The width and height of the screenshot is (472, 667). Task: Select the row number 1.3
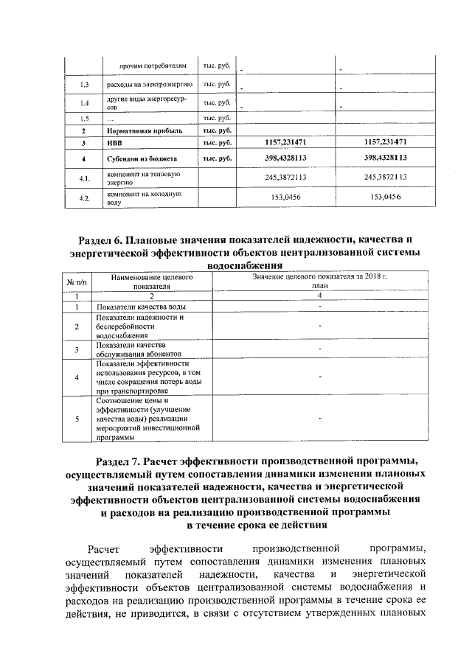tap(85, 85)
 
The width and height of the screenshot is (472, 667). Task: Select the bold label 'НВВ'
tap(114, 142)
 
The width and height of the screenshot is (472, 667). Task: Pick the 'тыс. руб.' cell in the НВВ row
tap(218, 142)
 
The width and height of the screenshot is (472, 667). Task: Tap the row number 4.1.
tap(85, 178)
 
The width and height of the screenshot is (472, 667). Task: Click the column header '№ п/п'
tap(77, 282)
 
